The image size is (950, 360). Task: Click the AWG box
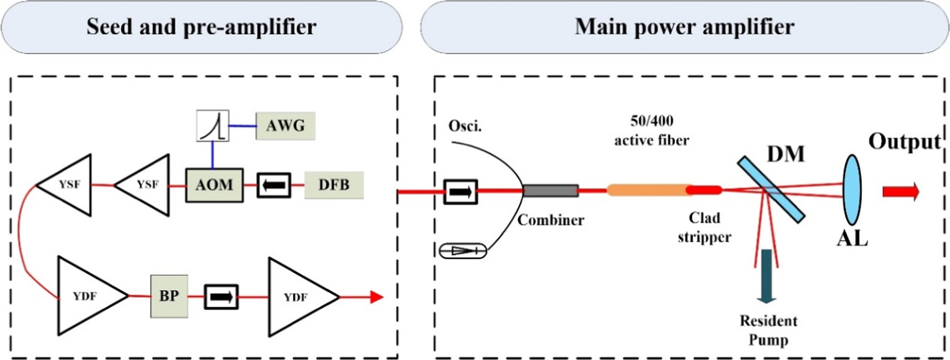[x=285, y=126]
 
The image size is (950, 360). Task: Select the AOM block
[x=214, y=185]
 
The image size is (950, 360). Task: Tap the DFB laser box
[x=334, y=185]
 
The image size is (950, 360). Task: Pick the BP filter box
[x=169, y=296]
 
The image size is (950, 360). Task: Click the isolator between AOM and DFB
[x=273, y=185]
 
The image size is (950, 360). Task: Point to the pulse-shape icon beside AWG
[x=213, y=126]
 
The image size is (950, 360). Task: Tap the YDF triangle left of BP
[x=86, y=296]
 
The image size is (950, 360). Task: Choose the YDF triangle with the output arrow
[x=297, y=297]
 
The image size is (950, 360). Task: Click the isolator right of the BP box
[x=221, y=297]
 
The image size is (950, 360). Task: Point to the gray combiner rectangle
[x=550, y=191]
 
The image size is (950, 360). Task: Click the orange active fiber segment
[x=648, y=191]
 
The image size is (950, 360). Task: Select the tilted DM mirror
[x=771, y=189]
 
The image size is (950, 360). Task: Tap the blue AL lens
[x=852, y=190]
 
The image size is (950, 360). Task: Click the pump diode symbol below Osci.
[x=463, y=251]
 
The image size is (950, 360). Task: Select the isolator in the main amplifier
[x=460, y=192]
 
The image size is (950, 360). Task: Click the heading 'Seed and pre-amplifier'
[x=202, y=27]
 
